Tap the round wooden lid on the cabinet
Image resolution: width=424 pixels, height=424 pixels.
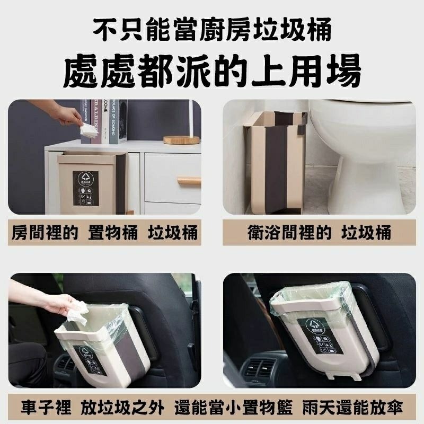click(x=181, y=140)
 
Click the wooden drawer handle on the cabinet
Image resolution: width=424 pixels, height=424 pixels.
click(x=189, y=181)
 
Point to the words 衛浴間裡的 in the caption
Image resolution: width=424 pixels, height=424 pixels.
click(x=289, y=233)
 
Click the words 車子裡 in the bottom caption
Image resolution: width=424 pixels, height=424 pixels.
click(x=45, y=408)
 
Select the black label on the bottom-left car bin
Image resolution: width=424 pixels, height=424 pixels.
click(x=89, y=360)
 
